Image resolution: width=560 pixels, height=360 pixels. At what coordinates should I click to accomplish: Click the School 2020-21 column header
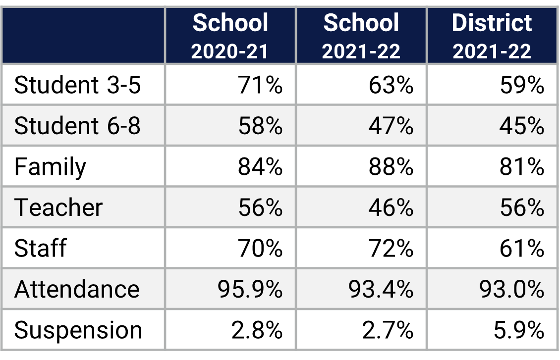click(x=230, y=36)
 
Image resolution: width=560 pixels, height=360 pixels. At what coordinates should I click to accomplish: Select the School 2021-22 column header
click(x=361, y=36)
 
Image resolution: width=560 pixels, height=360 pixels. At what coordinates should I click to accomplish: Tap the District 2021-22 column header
click(x=492, y=36)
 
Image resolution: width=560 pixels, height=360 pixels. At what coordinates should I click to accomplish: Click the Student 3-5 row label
click(x=78, y=85)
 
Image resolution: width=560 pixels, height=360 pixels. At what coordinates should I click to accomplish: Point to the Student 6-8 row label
click(x=78, y=126)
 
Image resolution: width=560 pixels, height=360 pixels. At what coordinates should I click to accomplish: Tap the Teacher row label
click(x=58, y=207)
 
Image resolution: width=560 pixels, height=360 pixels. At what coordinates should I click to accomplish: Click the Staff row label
click(x=40, y=248)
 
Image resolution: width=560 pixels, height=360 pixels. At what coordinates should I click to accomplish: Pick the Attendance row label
click(x=77, y=289)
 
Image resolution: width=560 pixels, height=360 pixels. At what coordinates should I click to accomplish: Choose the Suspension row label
click(x=78, y=330)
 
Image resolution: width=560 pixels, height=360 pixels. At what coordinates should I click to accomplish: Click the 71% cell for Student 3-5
click(x=260, y=85)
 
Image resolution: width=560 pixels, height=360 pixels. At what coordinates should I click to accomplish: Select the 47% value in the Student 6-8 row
click(x=391, y=126)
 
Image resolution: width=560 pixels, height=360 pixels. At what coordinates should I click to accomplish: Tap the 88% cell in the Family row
click(x=391, y=167)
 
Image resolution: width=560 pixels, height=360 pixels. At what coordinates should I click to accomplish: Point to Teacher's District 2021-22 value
click(x=521, y=207)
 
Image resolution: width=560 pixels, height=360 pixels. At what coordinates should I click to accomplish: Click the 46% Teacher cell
click(x=391, y=207)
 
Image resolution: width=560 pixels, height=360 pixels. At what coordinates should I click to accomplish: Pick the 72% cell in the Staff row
click(x=391, y=248)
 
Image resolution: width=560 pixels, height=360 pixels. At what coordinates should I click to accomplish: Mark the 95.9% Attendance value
click(x=250, y=289)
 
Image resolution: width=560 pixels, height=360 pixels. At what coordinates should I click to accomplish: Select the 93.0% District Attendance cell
click(x=511, y=289)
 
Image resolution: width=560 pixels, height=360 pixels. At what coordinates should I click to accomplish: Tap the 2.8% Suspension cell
click(x=257, y=330)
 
